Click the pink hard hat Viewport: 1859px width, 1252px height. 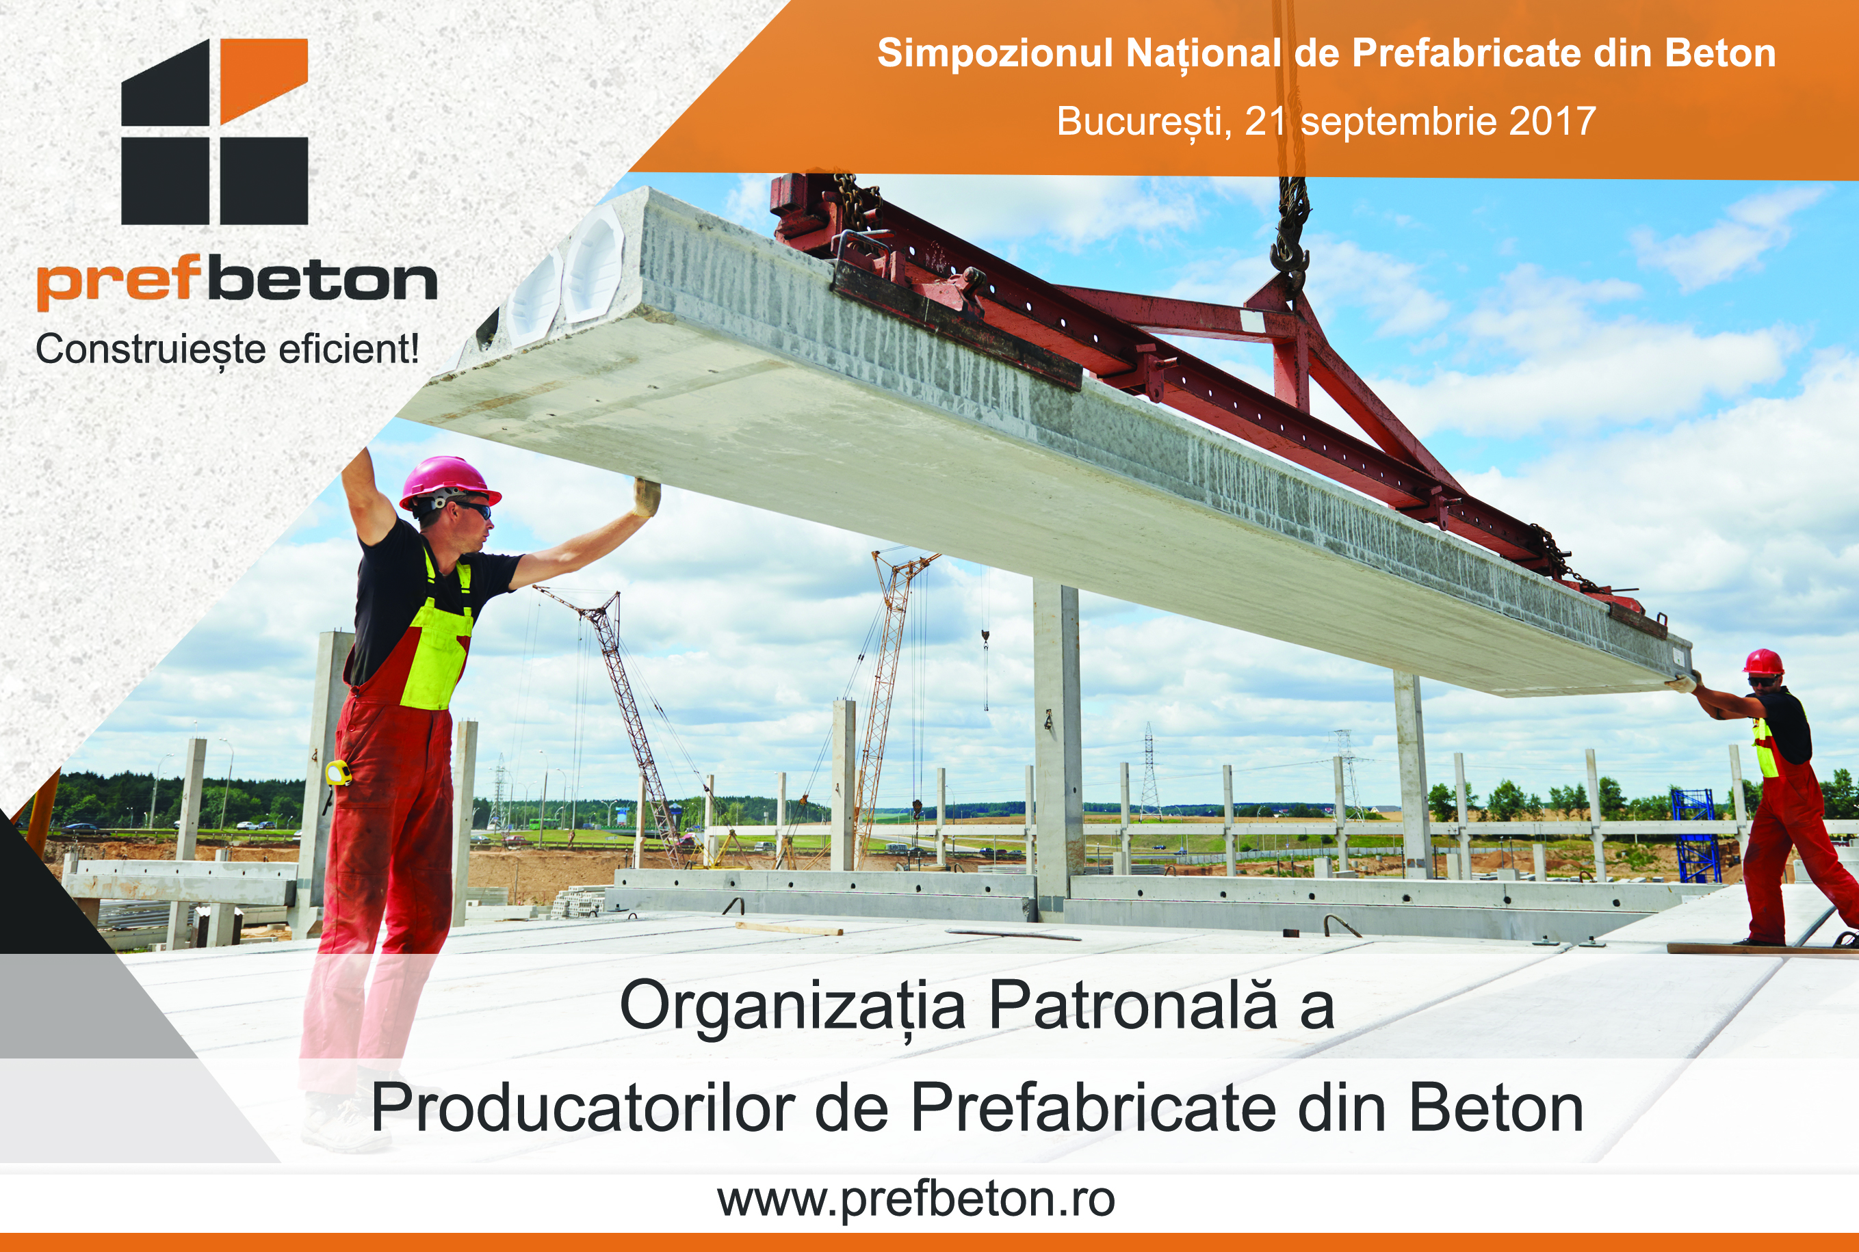coord(449,481)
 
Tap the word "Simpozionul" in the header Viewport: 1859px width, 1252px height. coord(995,53)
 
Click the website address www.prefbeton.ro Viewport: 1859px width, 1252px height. coord(916,1200)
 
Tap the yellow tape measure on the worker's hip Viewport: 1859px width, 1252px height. coord(338,772)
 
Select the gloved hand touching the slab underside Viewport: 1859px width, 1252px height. coord(647,496)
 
